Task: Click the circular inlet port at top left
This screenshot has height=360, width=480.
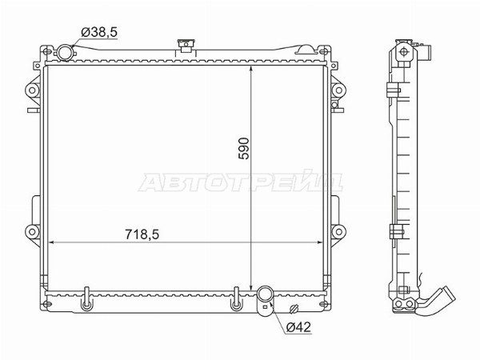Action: click(65, 52)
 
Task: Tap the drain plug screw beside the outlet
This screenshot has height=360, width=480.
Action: click(293, 310)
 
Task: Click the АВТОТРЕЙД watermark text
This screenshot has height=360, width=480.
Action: click(240, 183)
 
